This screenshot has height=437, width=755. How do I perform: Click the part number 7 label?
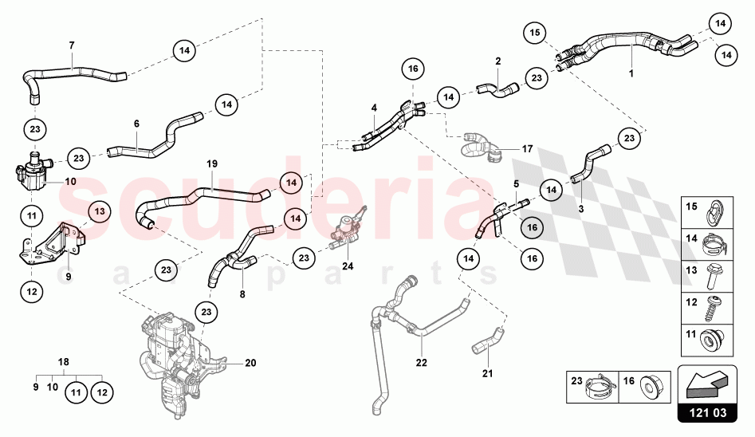[72, 45]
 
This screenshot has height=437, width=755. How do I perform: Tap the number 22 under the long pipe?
[421, 363]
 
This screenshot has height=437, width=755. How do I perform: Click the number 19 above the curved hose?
[212, 164]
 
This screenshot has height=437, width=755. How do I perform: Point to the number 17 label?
[527, 148]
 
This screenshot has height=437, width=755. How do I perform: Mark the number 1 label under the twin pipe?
[631, 74]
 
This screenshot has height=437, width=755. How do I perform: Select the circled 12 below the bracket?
[31, 292]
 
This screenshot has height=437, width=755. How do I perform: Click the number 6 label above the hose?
[136, 124]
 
